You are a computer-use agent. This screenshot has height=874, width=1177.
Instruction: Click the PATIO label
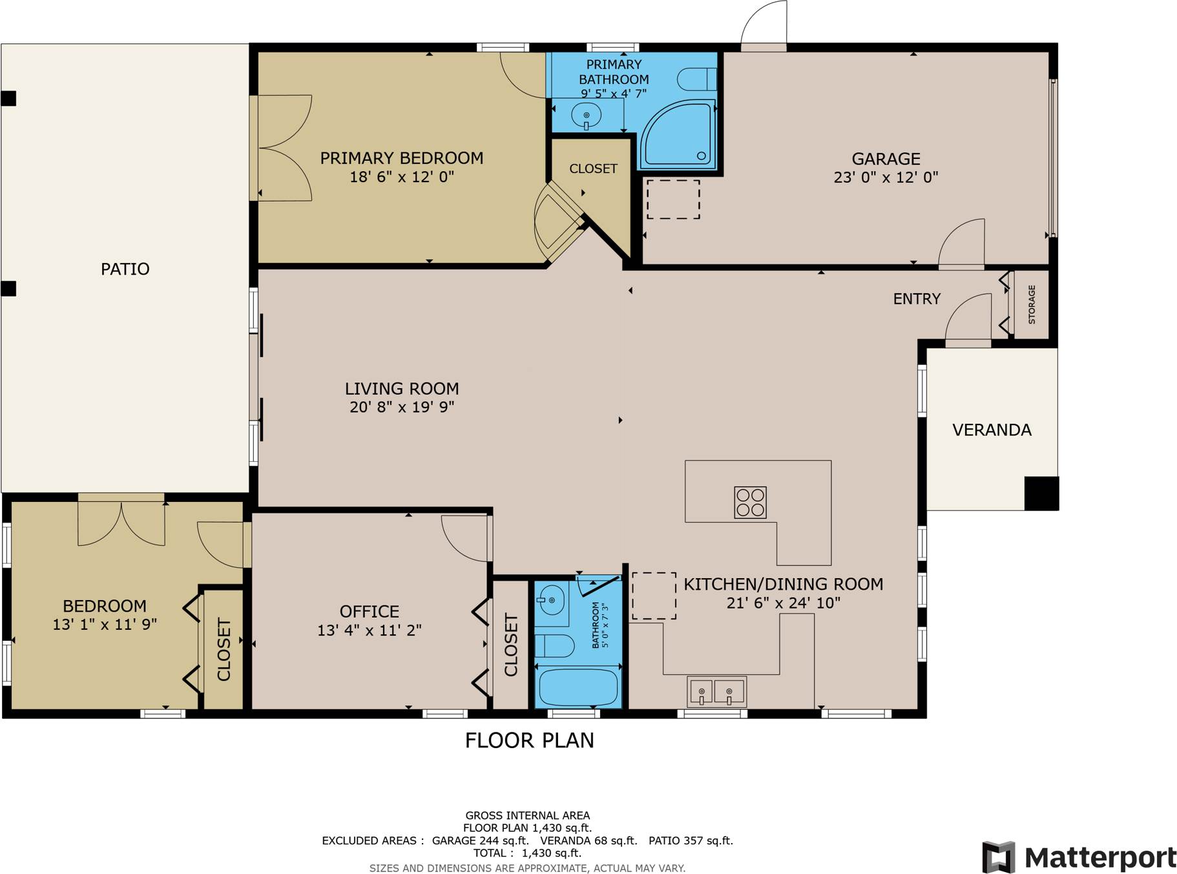[125, 269]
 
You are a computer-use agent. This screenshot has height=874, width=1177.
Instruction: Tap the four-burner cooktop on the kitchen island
[750, 503]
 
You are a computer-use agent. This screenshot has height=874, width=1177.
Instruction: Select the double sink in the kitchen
[716, 692]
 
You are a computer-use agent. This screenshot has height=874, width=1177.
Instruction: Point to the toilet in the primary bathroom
[696, 79]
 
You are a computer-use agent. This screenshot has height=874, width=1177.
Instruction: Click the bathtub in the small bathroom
[578, 688]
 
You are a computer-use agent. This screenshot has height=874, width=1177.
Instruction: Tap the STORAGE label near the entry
[1031, 304]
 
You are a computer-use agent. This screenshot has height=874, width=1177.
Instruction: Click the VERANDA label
[992, 430]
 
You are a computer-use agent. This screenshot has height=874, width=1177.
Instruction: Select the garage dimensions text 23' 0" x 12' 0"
[885, 177]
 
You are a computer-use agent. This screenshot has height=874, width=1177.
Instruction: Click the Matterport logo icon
[998, 857]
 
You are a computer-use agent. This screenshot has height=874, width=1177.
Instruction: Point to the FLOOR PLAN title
[529, 740]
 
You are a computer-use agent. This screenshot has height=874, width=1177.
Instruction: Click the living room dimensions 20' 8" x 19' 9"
[402, 407]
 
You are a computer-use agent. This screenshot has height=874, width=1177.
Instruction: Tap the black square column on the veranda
[1041, 494]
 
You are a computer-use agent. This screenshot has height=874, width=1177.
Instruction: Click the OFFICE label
[369, 611]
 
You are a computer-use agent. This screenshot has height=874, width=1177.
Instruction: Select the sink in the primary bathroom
[586, 117]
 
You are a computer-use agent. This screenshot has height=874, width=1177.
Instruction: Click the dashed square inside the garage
[673, 199]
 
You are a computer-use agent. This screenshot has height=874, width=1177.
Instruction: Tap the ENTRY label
[916, 298]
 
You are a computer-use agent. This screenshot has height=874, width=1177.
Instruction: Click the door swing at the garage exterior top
[765, 25]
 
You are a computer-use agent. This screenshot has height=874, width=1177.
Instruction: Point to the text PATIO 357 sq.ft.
[691, 840]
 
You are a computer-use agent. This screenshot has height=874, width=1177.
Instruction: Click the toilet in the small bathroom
[555, 645]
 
